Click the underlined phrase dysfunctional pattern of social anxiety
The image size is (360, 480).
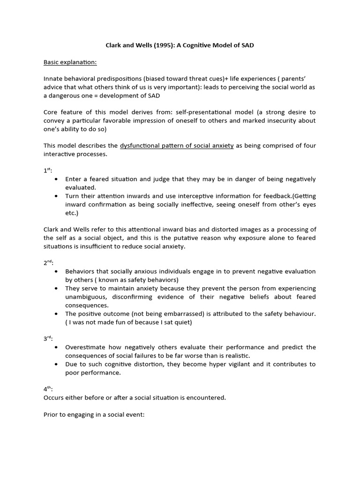coord(177,146)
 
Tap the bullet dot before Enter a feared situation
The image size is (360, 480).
coord(57,180)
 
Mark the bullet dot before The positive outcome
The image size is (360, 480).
coord(57,314)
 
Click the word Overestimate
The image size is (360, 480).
coord(87,347)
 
